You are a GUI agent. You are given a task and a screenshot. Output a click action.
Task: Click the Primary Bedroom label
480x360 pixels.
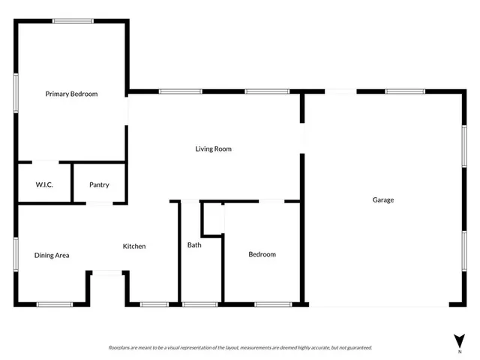(71, 94)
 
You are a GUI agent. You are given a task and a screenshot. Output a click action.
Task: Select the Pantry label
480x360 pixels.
(99, 184)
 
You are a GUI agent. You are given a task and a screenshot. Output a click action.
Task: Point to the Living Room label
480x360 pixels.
(213, 148)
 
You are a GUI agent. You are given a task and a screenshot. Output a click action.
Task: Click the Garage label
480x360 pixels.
(383, 199)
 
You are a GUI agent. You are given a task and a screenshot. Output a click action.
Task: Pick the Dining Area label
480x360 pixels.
(52, 255)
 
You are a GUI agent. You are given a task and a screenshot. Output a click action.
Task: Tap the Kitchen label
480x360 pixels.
(134, 246)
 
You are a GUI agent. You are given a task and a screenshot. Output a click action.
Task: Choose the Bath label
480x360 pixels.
(194, 245)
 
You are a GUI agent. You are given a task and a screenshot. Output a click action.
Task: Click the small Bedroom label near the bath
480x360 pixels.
(262, 254)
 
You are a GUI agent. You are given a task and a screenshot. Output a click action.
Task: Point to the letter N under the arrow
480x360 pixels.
(459, 351)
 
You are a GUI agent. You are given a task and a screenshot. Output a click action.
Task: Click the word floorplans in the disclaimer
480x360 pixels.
(121, 348)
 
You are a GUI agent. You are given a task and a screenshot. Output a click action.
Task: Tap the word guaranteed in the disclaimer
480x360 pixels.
(357, 348)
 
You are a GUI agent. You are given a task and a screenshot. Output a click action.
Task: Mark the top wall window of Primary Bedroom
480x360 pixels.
(73, 21)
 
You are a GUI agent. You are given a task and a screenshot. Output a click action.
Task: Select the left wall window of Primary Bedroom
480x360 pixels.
(16, 92)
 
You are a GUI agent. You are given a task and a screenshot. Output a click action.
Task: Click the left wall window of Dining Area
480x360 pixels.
(16, 253)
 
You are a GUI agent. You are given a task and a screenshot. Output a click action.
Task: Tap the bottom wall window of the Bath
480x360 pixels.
(200, 304)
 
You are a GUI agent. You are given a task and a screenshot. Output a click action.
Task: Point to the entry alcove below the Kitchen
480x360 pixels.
(107, 289)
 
